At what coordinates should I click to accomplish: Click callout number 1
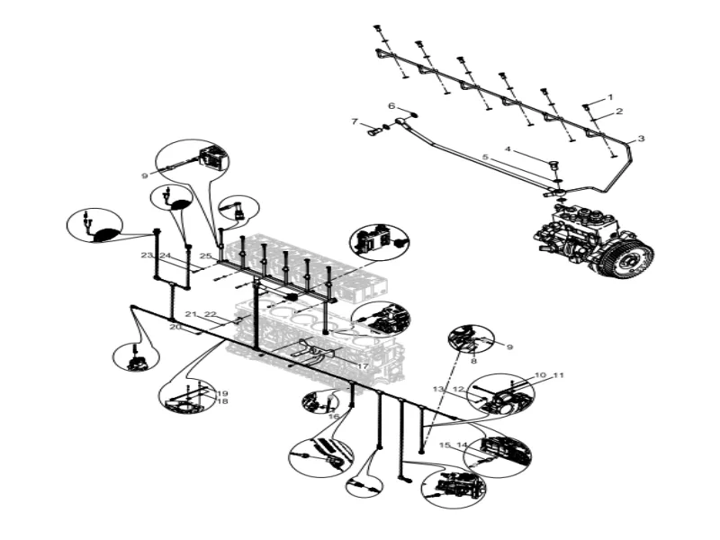pyautogui.click(x=609, y=96)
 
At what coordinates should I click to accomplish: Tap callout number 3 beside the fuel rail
pyautogui.click(x=642, y=139)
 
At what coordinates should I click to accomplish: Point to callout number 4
pyautogui.click(x=508, y=148)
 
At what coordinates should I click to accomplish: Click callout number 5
pyautogui.click(x=485, y=157)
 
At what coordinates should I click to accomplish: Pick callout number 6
pyautogui.click(x=391, y=106)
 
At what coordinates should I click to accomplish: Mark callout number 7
pyautogui.click(x=355, y=121)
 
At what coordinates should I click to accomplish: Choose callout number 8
pyautogui.click(x=473, y=360)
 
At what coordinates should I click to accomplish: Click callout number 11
pyautogui.click(x=558, y=374)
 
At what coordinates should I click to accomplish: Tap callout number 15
pyautogui.click(x=444, y=445)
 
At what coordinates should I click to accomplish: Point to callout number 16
pyautogui.click(x=333, y=416)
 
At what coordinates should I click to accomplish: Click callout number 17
pyautogui.click(x=362, y=366)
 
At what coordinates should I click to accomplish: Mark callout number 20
pyautogui.click(x=175, y=328)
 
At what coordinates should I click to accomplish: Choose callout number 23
pyautogui.click(x=147, y=256)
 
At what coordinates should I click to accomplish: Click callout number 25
pyautogui.click(x=205, y=256)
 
